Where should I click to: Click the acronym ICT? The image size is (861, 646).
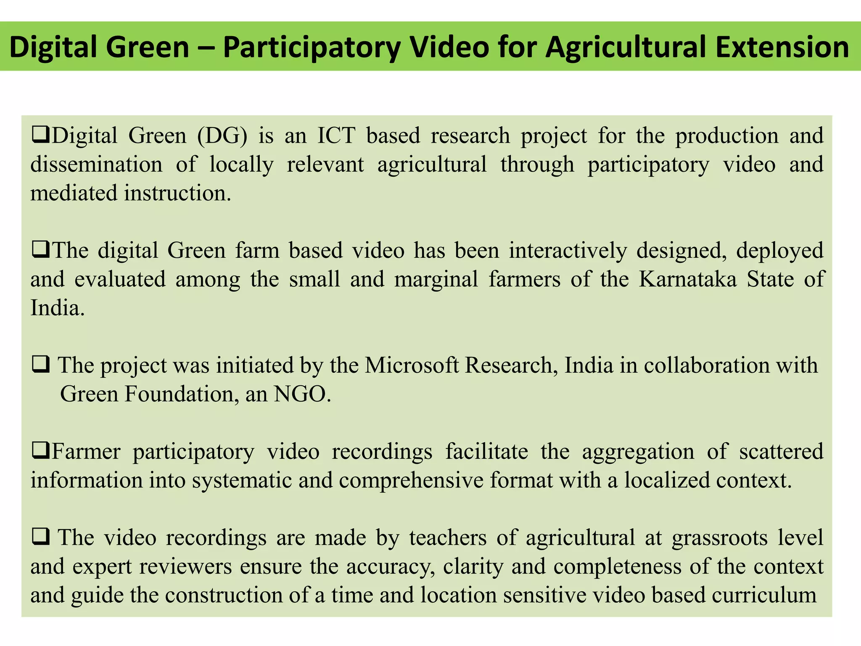coord(336,136)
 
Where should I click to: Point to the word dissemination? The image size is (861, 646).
coord(96,164)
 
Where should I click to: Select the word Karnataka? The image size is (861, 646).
coord(688,279)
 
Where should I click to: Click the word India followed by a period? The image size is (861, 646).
coord(57,308)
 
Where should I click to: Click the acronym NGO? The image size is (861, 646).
coord(301,394)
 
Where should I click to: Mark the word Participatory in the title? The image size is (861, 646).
coord(312,47)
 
